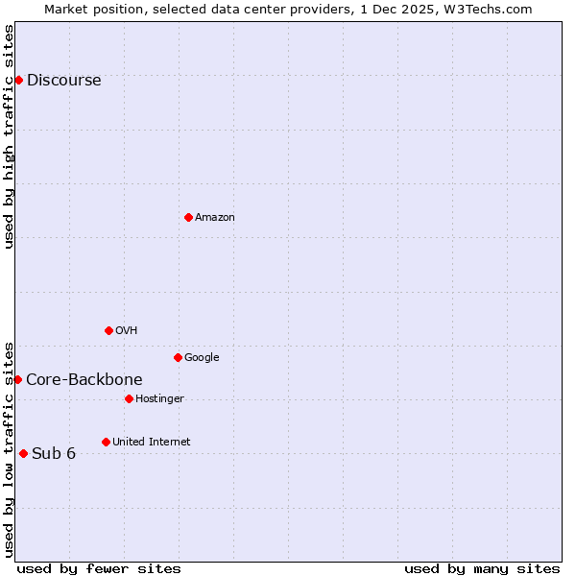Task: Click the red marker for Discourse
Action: (x=18, y=80)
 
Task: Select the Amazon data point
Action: (x=188, y=217)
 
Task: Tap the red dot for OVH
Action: (x=108, y=330)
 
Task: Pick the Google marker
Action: (x=178, y=357)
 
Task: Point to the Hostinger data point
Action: (x=129, y=398)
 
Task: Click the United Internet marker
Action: (x=106, y=442)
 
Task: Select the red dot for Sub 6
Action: (x=23, y=453)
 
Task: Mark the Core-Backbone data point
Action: (x=17, y=379)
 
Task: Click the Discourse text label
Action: (x=63, y=80)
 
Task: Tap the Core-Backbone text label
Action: (x=84, y=379)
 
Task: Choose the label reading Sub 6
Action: (x=54, y=453)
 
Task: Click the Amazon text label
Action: (x=215, y=217)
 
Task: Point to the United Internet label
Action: (x=151, y=442)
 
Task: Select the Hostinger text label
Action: (x=159, y=398)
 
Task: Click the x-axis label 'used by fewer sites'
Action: (x=99, y=568)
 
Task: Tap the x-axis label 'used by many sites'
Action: (x=482, y=568)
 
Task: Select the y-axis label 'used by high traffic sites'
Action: (x=9, y=136)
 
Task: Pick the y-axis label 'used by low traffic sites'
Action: (x=9, y=448)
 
